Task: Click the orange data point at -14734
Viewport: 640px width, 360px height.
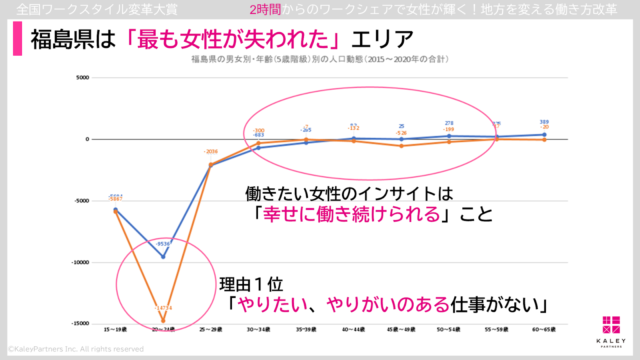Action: coord(163,321)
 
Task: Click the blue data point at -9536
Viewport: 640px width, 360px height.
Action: coord(163,256)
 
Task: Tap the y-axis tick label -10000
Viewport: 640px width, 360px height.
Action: coord(80,262)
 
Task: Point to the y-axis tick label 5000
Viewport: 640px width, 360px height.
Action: coord(83,78)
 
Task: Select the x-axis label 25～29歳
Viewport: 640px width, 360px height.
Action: coord(211,330)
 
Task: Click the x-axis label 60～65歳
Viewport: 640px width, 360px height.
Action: coord(544,330)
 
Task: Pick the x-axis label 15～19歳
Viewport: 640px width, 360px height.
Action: coord(115,330)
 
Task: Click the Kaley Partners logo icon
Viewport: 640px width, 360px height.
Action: coord(611,325)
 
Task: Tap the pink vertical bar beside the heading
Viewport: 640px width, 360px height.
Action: coord(18,38)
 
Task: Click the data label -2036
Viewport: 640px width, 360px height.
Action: coord(211,152)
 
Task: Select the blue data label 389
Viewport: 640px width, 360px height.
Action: coord(544,122)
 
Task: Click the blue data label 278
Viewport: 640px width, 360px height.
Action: coord(449,123)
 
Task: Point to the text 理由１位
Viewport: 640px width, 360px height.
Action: coord(251,285)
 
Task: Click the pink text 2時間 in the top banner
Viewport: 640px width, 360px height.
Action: coord(265,10)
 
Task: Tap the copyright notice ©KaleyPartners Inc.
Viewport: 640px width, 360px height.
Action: coord(76,349)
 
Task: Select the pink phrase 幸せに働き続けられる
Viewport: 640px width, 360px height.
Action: coord(352,214)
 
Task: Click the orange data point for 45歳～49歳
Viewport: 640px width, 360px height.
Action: coord(402,146)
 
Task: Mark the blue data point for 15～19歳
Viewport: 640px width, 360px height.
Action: coord(116,209)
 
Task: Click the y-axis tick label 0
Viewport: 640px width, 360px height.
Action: coord(87,139)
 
